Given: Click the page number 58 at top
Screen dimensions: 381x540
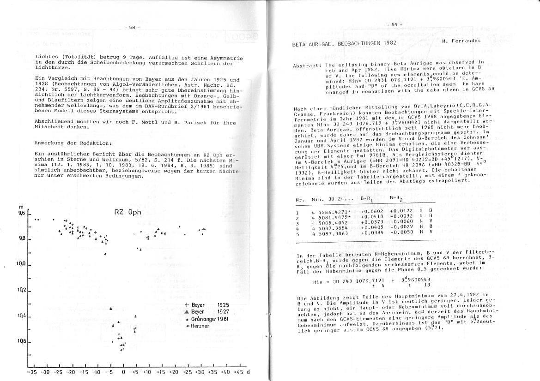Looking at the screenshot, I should (132, 28).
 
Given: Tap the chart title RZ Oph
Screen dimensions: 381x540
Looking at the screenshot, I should (128, 213).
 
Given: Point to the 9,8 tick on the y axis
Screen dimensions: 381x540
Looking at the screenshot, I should (21, 239).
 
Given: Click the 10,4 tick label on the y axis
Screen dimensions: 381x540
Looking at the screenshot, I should (21, 316).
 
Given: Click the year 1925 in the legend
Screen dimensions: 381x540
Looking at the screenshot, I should (224, 305).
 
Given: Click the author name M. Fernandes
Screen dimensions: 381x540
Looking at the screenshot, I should (461, 41).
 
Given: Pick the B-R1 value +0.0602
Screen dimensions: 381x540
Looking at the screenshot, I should (370, 212).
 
